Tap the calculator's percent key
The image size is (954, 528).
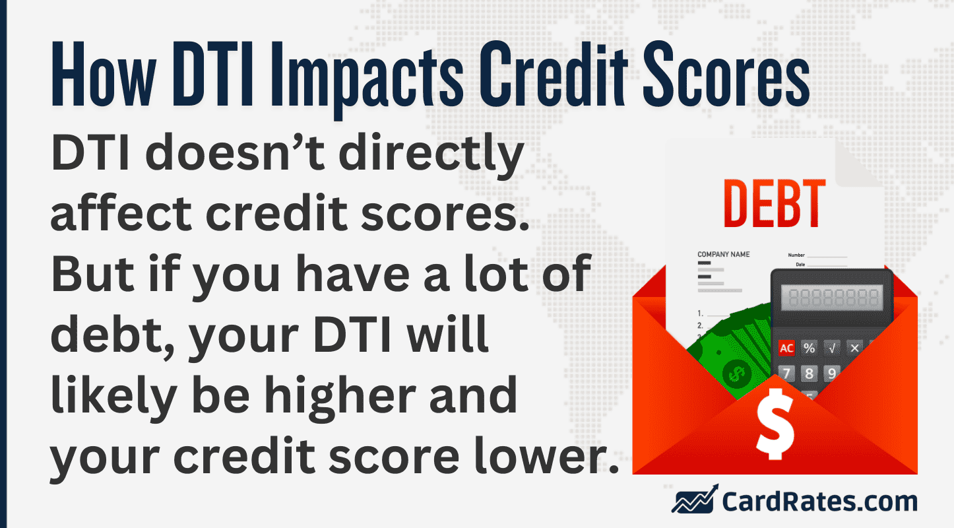coord(809,348)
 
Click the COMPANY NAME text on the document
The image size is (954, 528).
coord(724,254)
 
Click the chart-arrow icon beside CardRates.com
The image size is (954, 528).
coord(693,501)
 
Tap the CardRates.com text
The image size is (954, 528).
coord(819,502)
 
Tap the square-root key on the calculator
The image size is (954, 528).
coord(831,348)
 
